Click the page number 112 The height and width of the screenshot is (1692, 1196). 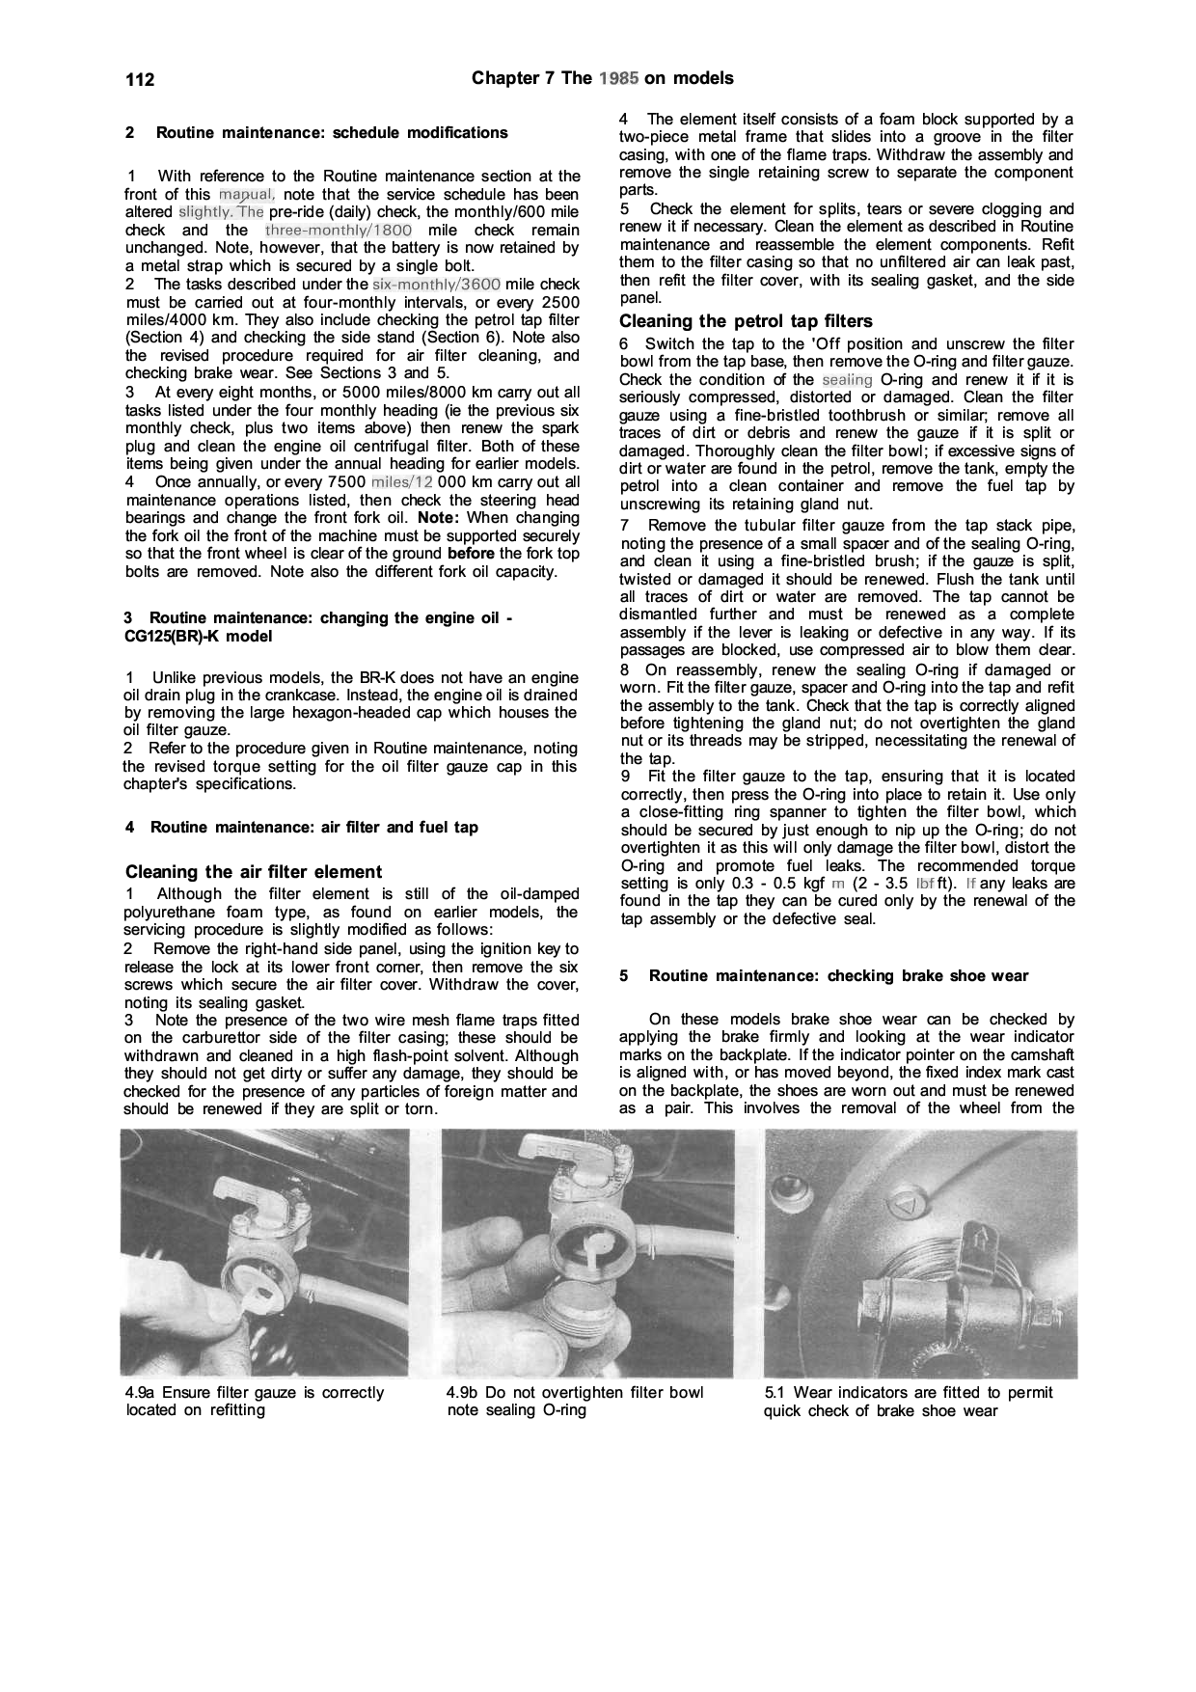pos(140,79)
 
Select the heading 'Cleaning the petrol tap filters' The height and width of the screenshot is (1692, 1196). pos(745,321)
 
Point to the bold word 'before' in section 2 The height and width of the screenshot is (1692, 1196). pos(472,554)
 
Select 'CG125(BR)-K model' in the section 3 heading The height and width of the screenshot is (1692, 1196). pos(199,637)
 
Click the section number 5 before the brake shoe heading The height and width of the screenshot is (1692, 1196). pos(624,976)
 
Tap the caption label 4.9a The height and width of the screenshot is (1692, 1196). pos(141,1393)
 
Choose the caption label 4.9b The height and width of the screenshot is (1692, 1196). pos(463,1393)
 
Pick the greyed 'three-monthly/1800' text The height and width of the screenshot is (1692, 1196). pos(338,231)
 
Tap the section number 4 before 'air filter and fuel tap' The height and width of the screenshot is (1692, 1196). pos(130,828)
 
